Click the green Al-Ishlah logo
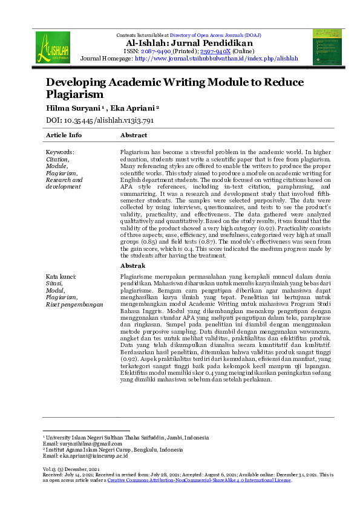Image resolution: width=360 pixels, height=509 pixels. coord(53,47)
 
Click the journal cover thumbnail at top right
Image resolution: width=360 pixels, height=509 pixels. coord(327,47)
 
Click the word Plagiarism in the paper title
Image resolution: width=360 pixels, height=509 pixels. coord(74,94)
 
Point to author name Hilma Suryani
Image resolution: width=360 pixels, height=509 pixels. coord(72,108)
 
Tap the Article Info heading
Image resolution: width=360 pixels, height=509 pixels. coord(64,135)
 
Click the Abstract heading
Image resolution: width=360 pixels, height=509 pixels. coord(134,135)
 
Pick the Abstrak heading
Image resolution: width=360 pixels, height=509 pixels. coord(133,265)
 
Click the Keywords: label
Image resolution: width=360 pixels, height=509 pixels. coord(61,152)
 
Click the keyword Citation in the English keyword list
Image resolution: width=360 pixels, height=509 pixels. coord(57,159)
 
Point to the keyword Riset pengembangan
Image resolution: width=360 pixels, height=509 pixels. coord(74,304)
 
